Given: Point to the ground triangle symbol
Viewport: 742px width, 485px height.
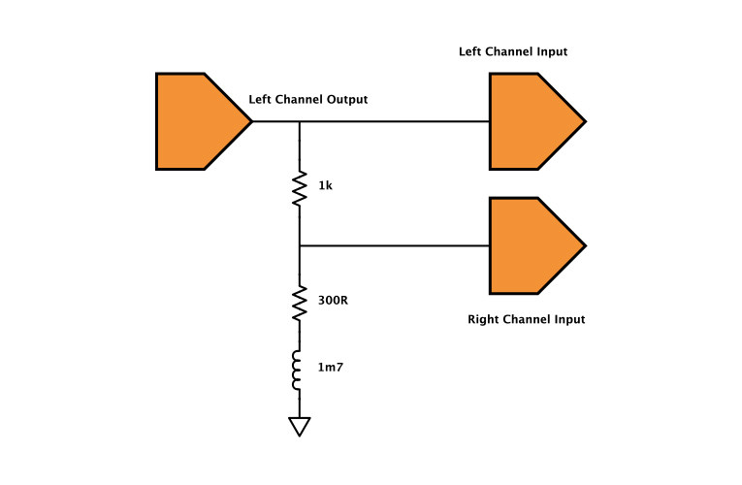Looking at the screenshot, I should point(300,425).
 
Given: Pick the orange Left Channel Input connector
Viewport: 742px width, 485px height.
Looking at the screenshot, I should point(532,121).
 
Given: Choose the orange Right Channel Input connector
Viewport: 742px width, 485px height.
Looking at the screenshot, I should point(532,245).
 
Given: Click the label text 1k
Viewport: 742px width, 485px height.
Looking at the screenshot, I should point(325,185).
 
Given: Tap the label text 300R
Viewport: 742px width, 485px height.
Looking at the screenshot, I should point(333,301).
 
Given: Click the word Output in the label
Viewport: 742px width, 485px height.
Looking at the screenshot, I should point(347,99).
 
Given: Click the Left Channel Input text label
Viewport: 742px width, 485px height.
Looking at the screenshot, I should point(513,51).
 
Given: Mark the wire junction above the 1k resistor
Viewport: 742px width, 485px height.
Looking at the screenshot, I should point(300,121).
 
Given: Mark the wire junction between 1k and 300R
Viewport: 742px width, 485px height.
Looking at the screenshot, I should point(300,245).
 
